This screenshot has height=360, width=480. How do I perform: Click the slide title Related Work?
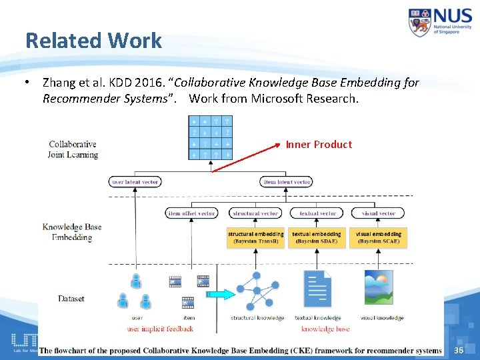tap(93, 41)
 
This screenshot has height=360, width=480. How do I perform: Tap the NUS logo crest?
tap(420, 22)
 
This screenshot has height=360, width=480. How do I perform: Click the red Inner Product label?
tap(319, 145)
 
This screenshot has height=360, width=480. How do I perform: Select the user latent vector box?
tap(135, 182)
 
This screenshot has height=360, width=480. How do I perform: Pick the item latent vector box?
tap(287, 182)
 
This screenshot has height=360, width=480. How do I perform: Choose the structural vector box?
tap(256, 213)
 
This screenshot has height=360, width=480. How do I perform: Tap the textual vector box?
tap(317, 213)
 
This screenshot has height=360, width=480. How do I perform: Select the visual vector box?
tap(378, 213)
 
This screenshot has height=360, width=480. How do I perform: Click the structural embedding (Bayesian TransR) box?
tap(256, 238)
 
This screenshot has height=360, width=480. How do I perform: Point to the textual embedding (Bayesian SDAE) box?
tap(317, 238)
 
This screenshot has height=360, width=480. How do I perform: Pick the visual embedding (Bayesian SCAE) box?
tap(379, 238)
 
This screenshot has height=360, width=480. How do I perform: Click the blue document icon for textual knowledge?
tap(317, 289)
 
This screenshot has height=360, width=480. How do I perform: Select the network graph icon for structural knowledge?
tap(256, 291)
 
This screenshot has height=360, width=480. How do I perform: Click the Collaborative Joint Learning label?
tap(73, 149)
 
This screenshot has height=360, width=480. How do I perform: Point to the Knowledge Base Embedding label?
tap(72, 232)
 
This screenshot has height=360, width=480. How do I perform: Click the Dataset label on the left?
tap(71, 299)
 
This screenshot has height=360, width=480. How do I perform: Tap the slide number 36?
tap(458, 351)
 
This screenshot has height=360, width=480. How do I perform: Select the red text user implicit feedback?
tap(160, 329)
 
